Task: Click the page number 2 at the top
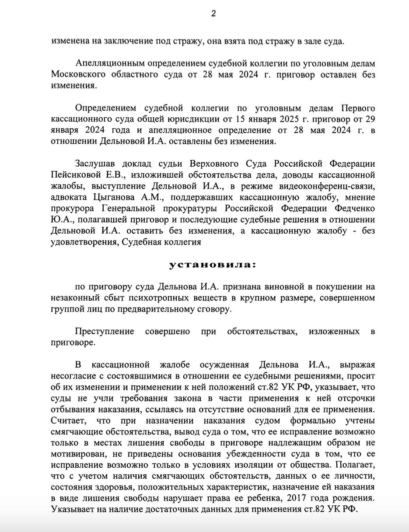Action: click(213, 14)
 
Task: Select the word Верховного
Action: click(214, 164)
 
